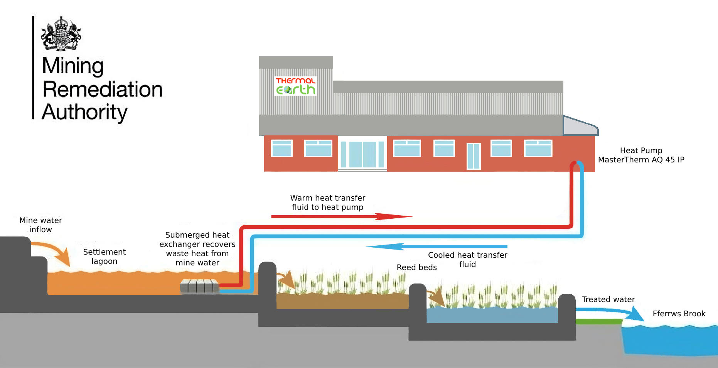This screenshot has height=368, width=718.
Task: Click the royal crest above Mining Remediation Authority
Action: click(61, 34)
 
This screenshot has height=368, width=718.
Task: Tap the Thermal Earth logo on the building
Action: click(296, 86)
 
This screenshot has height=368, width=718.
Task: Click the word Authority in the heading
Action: click(84, 112)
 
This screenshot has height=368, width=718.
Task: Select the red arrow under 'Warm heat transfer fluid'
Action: click(342, 216)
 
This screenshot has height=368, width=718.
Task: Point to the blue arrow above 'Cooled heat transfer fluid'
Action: click(437, 246)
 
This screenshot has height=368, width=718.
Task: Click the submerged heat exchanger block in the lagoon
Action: click(200, 286)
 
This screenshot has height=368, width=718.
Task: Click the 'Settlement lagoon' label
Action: click(104, 257)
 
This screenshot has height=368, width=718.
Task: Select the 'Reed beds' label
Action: click(417, 267)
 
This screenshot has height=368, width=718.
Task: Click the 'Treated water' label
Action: click(608, 299)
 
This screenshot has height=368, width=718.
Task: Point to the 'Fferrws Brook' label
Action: click(679, 314)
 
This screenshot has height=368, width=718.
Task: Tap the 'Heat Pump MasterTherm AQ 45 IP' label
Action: click(641, 155)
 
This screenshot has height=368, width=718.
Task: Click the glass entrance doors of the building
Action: click(362, 154)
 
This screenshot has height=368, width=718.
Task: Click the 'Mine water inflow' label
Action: click(40, 225)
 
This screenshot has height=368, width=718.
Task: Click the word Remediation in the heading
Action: click(103, 89)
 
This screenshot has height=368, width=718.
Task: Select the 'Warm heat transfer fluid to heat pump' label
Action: click(327, 203)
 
